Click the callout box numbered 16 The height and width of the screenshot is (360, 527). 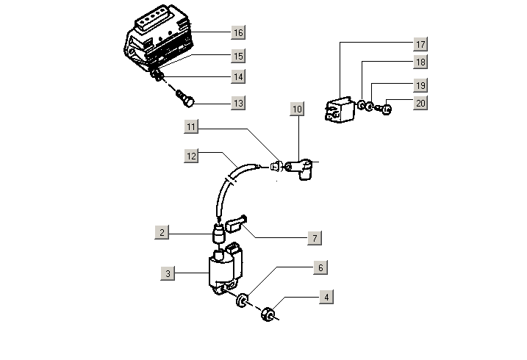click(x=237, y=33)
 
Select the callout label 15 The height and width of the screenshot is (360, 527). click(x=237, y=56)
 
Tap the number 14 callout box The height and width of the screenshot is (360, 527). click(x=237, y=76)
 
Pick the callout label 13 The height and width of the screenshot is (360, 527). click(x=237, y=104)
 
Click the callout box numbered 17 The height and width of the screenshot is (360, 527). click(x=420, y=44)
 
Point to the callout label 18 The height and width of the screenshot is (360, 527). click(x=420, y=62)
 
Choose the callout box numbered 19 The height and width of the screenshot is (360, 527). click(x=420, y=85)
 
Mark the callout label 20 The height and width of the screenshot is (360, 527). click(x=420, y=104)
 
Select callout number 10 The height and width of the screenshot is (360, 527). click(x=297, y=110)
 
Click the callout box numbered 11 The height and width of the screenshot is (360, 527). click(x=192, y=128)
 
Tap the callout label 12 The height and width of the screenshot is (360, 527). click(x=192, y=156)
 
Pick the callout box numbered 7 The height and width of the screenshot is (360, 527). click(x=314, y=239)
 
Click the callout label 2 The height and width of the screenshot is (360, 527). click(x=163, y=233)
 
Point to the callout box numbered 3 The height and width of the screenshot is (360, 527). click(x=168, y=274)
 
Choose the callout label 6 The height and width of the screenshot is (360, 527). click(x=320, y=268)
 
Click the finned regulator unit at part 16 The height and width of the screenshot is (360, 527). click(x=160, y=37)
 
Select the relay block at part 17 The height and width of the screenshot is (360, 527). click(x=338, y=107)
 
